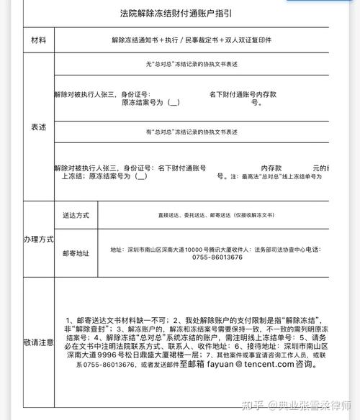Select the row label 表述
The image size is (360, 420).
click(x=38, y=127)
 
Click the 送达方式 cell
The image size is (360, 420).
click(x=76, y=214)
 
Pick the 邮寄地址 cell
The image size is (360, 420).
click(x=76, y=253)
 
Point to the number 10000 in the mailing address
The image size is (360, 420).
click(x=194, y=250)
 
